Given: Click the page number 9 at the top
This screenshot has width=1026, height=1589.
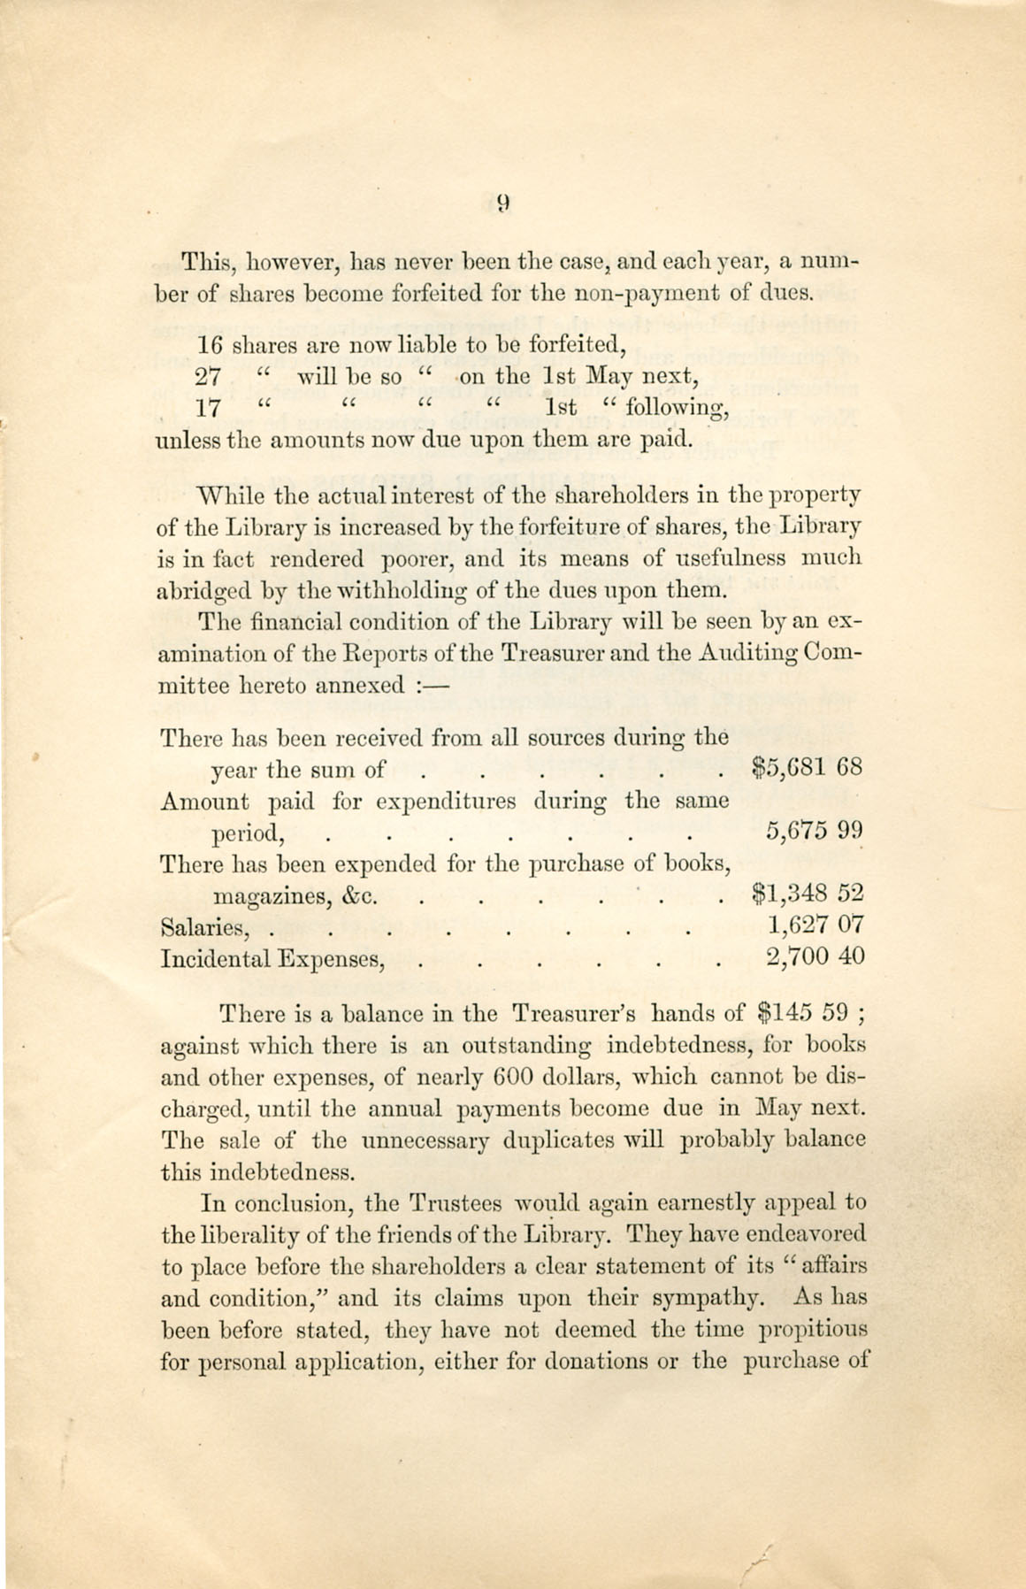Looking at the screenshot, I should (x=503, y=203).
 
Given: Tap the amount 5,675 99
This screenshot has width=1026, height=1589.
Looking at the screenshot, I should (x=813, y=831).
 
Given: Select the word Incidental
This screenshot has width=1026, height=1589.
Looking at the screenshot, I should (x=214, y=958).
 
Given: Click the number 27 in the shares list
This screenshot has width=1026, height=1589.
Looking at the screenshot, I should (x=207, y=375).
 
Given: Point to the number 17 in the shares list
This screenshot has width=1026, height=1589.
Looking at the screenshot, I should (x=207, y=408).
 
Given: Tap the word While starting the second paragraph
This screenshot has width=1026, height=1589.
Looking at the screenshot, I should (x=226, y=495).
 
